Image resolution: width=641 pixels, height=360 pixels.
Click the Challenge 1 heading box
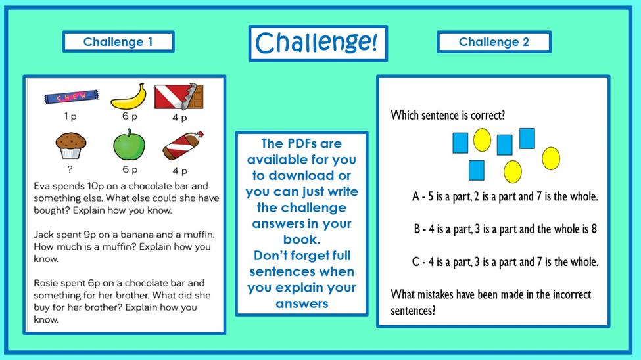(118, 41)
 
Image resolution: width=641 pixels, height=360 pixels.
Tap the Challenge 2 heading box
(494, 41)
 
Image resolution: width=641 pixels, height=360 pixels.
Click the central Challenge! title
(318, 43)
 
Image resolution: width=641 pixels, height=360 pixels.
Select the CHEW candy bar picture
(72, 97)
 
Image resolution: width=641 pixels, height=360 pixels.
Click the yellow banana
(129, 97)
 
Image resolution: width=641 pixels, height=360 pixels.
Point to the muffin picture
(71, 145)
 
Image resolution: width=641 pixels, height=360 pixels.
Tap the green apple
(129, 145)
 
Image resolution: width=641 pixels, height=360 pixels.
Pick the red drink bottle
(183, 146)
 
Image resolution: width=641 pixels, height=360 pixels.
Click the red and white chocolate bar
(179, 97)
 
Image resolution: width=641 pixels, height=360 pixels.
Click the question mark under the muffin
(70, 169)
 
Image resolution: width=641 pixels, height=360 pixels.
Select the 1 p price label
(70, 116)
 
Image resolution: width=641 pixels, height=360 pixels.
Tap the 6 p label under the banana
(130, 116)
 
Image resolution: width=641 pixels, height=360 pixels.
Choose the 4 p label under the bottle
(179, 171)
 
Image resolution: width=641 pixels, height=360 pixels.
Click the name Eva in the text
(42, 186)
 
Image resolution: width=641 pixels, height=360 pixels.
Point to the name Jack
(44, 235)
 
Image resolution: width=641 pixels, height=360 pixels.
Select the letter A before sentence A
(415, 196)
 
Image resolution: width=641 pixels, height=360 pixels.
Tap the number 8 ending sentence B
(594, 229)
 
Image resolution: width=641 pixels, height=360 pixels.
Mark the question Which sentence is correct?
(448, 115)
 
